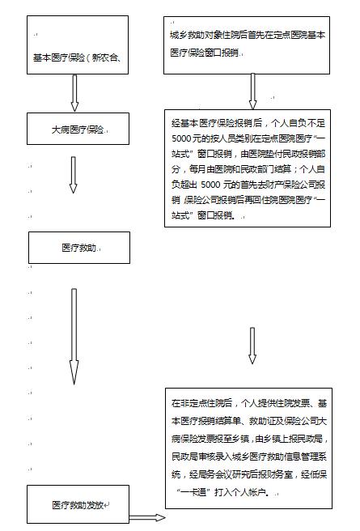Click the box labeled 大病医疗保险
pos(78,129)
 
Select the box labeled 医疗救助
pos(79,248)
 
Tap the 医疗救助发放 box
pos(78,504)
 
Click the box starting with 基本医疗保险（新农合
pos(78,45)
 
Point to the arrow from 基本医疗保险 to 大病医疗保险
pos(74,93)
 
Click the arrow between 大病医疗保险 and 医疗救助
pos(73,175)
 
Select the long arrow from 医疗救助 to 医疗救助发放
pos(74,337)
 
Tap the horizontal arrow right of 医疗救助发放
pos(147,517)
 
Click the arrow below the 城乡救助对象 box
pos(252,91)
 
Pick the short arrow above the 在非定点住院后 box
pos(252,346)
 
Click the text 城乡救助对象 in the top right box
pos(192,36)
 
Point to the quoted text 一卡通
pos(194,492)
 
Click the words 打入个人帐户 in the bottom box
pos(240,492)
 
